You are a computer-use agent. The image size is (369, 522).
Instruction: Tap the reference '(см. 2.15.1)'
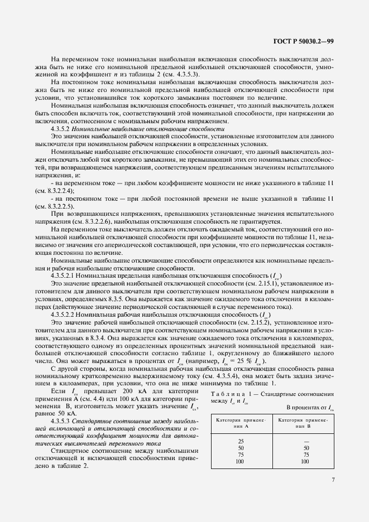click(x=231, y=283)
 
